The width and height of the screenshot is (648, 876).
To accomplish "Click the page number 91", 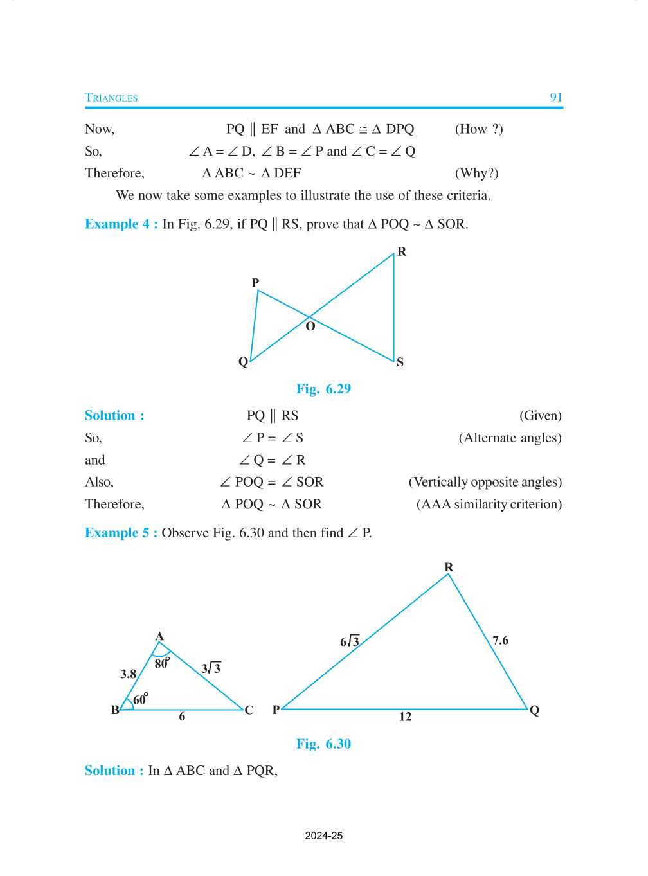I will (x=556, y=97).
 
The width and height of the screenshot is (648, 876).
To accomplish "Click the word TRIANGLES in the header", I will (x=111, y=98).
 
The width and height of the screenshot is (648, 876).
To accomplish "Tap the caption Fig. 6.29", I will (x=323, y=389).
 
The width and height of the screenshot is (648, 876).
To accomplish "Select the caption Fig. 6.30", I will (x=323, y=744).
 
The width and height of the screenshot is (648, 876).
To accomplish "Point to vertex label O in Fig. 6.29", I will (x=310, y=326).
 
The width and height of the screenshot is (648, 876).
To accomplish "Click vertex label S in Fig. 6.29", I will (x=400, y=362).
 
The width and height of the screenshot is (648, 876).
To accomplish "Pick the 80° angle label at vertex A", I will (x=162, y=663).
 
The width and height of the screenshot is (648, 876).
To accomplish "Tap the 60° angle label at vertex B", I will (x=140, y=699).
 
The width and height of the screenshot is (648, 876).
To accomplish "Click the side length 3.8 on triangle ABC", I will (x=128, y=674).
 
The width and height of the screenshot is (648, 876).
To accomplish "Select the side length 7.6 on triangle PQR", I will (x=500, y=640).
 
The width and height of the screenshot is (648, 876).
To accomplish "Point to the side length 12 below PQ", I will (x=405, y=717).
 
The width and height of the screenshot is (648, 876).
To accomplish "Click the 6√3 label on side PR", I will (x=350, y=641).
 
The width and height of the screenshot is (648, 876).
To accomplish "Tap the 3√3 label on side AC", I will (x=211, y=668).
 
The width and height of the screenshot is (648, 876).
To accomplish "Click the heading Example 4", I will (x=121, y=224).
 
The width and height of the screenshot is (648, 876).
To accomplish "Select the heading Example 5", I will (x=121, y=533).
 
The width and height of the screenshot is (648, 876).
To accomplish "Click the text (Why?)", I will (x=476, y=173).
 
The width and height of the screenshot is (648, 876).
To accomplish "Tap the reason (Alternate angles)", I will (x=510, y=438).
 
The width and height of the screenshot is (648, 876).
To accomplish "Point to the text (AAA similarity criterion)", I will (x=489, y=504).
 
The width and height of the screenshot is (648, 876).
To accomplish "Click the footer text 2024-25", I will (x=324, y=836).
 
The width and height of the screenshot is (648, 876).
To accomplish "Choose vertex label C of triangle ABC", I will (x=249, y=710).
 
